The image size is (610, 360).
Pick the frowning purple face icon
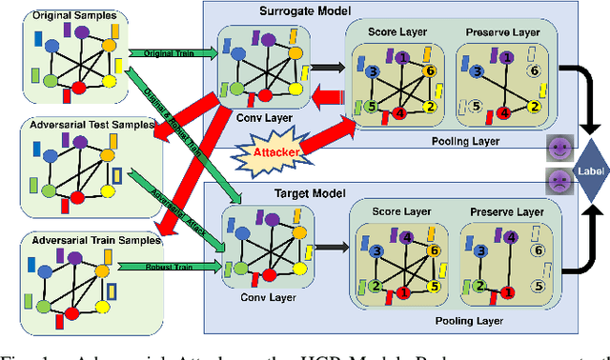(x=557, y=178)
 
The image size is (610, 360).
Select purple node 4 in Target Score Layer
(x=406, y=238)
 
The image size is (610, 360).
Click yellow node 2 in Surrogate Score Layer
(x=430, y=106)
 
